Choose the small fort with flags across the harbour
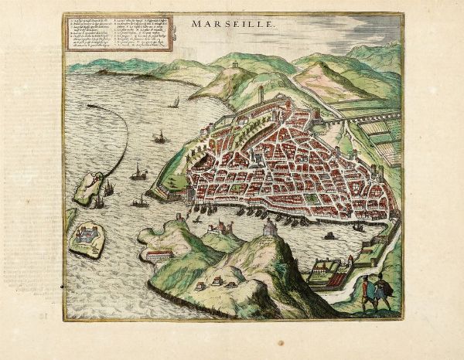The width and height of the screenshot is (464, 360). [x=225, y=227]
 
